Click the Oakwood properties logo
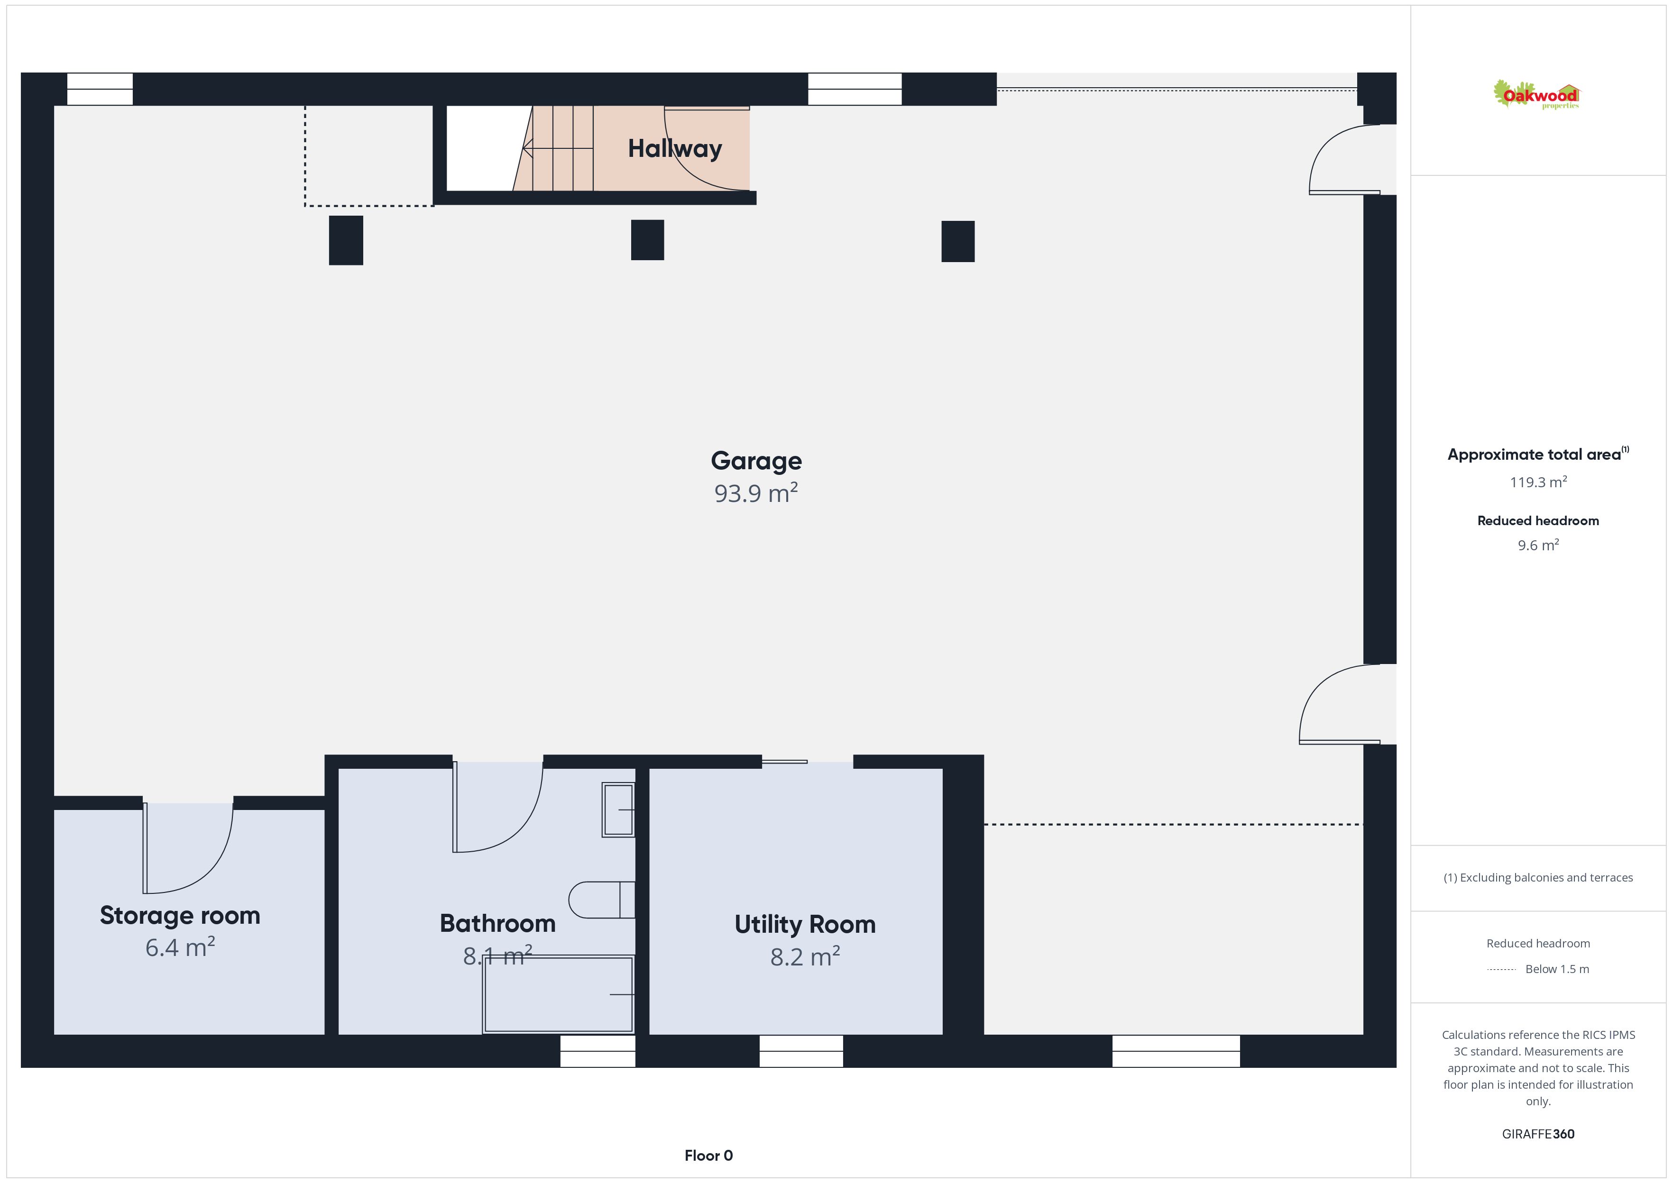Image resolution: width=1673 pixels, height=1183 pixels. coord(1536,95)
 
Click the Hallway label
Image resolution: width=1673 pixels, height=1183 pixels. coord(675,149)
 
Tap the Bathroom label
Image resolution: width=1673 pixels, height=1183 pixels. coord(497,924)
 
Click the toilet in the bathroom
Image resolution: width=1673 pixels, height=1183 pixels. coord(601,900)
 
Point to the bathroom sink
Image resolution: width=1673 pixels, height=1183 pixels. coord(618,810)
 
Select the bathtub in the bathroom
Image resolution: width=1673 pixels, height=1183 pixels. coord(558,994)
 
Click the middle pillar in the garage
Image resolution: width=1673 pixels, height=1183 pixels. coord(647,240)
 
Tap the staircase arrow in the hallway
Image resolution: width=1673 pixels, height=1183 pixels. coord(557,149)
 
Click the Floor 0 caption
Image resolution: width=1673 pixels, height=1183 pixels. coord(708,1156)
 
